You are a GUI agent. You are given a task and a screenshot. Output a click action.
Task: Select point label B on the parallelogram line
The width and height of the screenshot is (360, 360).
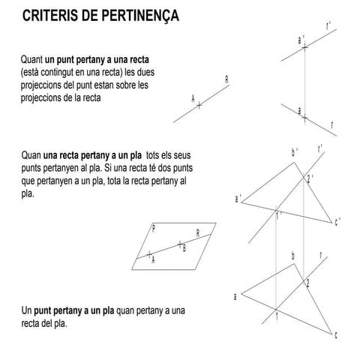[x=184, y=247]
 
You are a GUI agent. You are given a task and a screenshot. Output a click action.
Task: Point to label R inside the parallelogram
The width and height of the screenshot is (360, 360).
[x=197, y=232]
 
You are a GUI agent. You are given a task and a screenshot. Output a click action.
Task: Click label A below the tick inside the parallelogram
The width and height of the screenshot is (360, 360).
[x=153, y=260]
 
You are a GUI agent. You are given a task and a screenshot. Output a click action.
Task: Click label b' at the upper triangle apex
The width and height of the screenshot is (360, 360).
[x=295, y=152]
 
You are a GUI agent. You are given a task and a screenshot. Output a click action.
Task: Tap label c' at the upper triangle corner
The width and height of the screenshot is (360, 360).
[x=338, y=221]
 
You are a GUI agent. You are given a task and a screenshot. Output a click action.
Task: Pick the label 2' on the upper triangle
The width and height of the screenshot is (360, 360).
[x=310, y=178]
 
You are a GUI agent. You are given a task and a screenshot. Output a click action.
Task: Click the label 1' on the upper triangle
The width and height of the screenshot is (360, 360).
[x=279, y=216]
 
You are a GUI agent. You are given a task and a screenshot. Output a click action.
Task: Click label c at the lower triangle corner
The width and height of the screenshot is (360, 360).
[x=335, y=334]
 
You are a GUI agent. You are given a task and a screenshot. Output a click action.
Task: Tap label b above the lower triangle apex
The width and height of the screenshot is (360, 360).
[x=293, y=256]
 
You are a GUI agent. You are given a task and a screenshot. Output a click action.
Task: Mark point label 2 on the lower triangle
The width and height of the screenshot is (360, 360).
[x=307, y=282]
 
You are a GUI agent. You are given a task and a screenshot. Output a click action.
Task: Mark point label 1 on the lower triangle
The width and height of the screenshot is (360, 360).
[x=276, y=318]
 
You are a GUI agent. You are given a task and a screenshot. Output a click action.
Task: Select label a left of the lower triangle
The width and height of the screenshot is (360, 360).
[x=235, y=296]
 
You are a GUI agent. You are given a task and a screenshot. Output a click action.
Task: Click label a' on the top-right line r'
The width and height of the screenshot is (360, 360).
[x=301, y=39]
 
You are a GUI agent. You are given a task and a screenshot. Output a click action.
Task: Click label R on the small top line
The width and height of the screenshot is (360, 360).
[x=226, y=79]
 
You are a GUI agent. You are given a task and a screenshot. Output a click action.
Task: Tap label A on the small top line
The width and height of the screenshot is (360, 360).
[x=193, y=98]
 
